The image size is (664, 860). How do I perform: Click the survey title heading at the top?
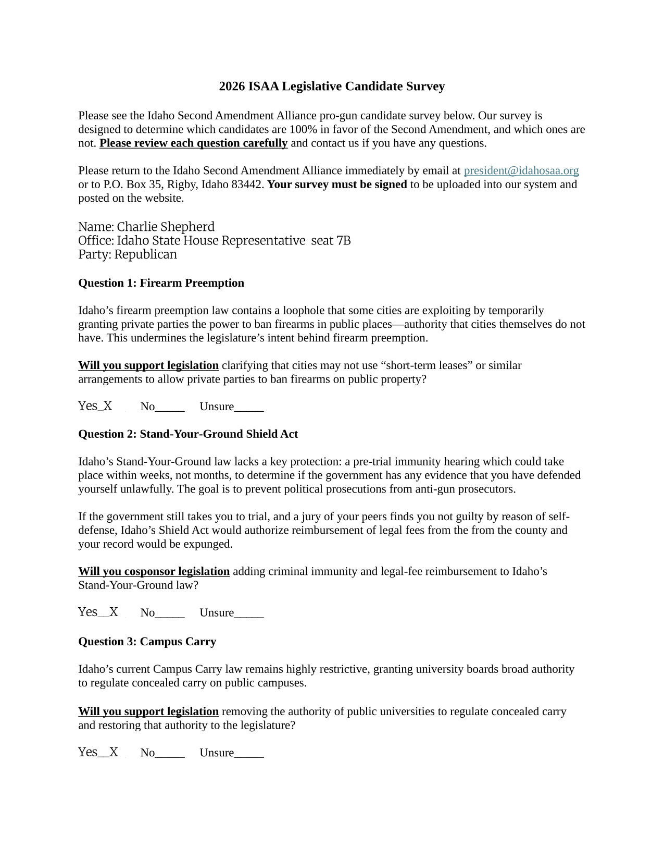click(332, 87)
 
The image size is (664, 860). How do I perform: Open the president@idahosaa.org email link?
click(521, 170)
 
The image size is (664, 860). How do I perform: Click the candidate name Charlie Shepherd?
click(165, 227)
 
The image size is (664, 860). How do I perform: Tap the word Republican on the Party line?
click(145, 254)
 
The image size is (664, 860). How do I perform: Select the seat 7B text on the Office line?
click(331, 241)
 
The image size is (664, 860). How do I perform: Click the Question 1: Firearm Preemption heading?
click(161, 283)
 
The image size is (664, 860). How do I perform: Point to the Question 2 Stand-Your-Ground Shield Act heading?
click(188, 434)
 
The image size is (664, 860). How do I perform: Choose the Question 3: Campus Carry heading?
click(147, 642)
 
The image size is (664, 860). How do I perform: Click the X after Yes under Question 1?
click(108, 406)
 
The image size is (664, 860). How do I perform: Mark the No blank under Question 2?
click(170, 613)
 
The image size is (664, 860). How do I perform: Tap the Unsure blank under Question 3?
click(249, 753)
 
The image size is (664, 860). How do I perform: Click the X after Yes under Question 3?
click(114, 752)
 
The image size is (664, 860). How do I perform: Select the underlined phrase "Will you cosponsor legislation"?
click(154, 572)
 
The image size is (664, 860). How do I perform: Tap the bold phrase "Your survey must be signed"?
click(337, 185)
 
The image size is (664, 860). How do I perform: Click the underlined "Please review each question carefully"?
click(193, 143)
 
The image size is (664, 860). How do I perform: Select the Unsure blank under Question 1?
click(249, 407)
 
